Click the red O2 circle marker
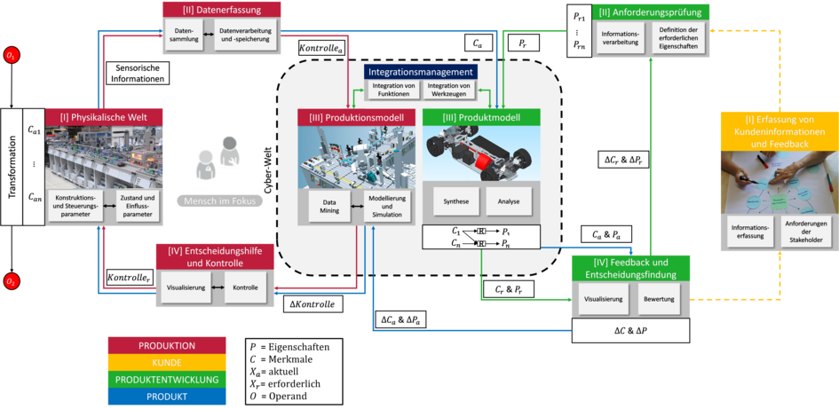click(x=12, y=281)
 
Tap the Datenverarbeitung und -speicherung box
click(x=245, y=35)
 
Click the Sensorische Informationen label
click(x=137, y=73)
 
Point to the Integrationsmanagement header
click(x=420, y=71)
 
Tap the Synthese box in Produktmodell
click(x=455, y=201)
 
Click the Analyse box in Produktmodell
click(x=509, y=201)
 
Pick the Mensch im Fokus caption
click(x=220, y=201)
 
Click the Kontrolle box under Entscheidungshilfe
click(x=245, y=288)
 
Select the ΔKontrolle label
click(x=312, y=304)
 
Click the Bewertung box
click(x=660, y=299)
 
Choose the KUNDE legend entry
click(x=167, y=362)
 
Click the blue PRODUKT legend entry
click(x=167, y=396)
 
